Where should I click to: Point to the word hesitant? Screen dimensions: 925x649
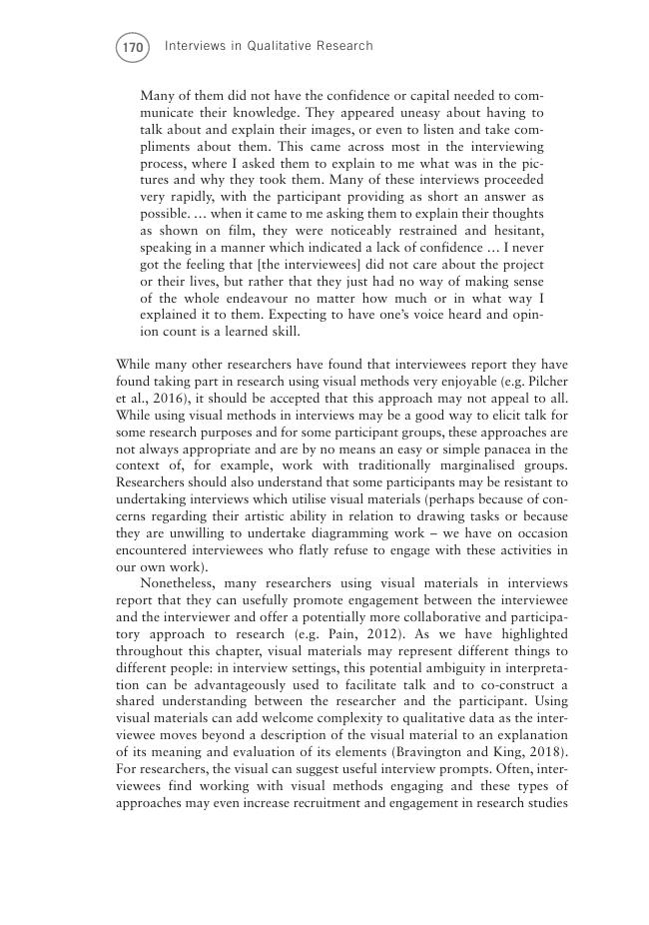tap(514, 231)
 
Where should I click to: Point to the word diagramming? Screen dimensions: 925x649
tap(338, 532)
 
